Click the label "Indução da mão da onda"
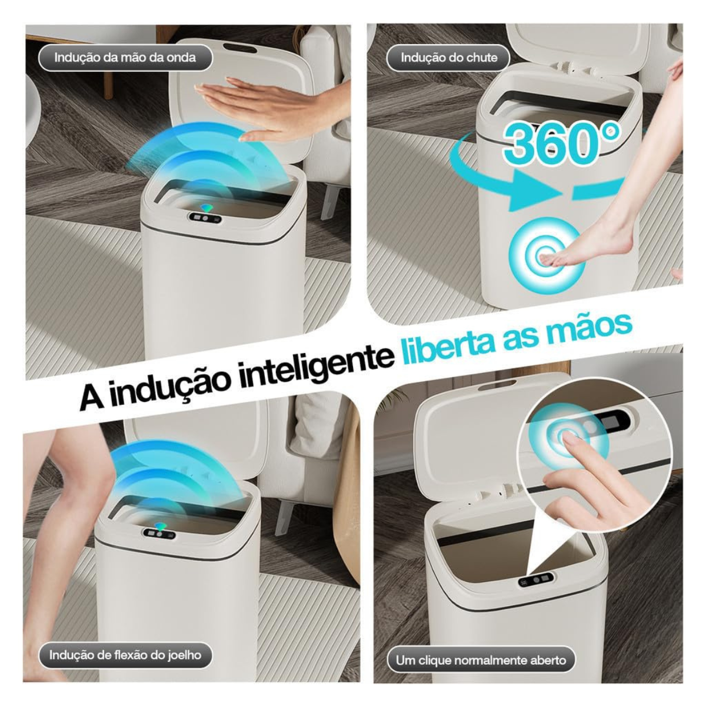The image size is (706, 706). pos(125,58)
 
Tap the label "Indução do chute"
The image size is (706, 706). pos(449,58)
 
